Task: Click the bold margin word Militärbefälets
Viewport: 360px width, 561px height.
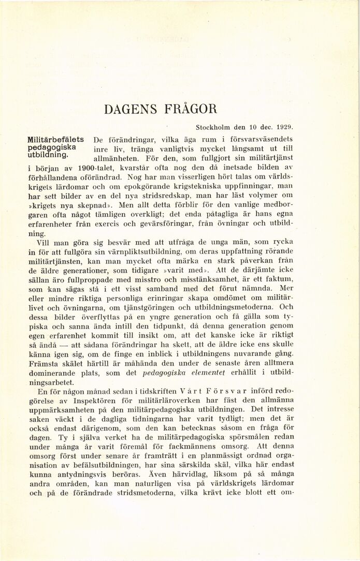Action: pos(56,139)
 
